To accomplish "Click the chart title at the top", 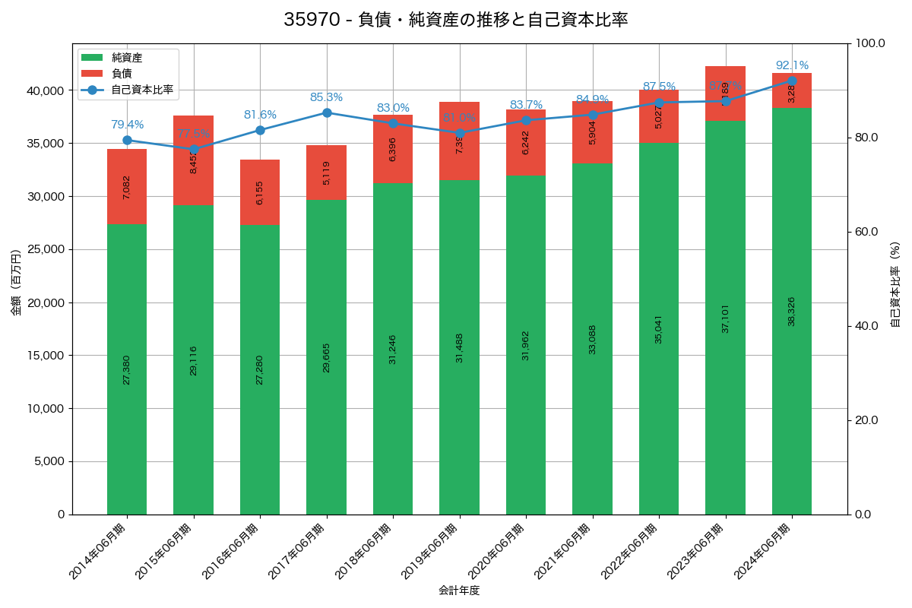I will (455, 20).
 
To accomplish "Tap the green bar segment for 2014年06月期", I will (127, 369).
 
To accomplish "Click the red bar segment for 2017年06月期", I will (326, 173).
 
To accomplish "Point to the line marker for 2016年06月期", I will (260, 130).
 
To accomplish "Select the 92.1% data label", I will (792, 65).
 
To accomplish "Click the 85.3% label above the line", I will (326, 97).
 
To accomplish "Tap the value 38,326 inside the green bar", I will (792, 312).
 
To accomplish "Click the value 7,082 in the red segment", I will (127, 187).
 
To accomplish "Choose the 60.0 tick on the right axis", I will (865, 232).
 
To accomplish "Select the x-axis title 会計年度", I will (459, 591).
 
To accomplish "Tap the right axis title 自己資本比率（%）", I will (895, 284).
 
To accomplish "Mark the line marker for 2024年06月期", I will (792, 81).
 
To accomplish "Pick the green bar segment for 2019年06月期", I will (459, 347).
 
